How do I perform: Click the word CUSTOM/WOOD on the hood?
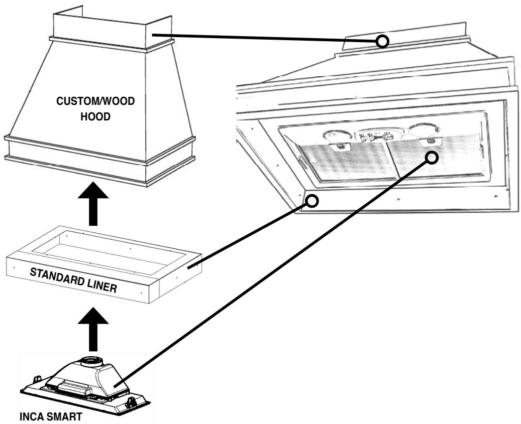(95, 101)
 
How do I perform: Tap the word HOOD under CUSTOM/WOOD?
(95, 117)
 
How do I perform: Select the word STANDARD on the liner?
(57, 277)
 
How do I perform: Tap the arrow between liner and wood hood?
(93, 203)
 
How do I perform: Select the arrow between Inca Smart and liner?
(93, 329)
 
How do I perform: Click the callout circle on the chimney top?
(382, 42)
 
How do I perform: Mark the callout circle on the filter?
(431, 157)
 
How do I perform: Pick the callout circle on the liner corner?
(312, 201)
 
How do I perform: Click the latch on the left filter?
(340, 146)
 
